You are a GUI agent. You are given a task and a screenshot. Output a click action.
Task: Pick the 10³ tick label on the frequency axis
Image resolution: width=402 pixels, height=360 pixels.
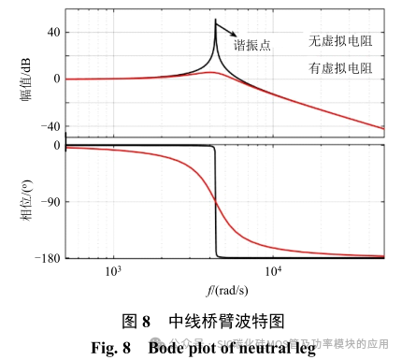click(x=113, y=271)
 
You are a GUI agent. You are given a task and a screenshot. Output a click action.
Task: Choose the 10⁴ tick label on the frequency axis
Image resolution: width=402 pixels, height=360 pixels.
click(x=274, y=271)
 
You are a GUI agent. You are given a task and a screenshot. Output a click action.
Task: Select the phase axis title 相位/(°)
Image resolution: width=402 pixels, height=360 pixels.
click(x=23, y=200)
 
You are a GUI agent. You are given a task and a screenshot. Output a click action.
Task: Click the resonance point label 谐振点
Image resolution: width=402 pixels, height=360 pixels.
click(x=251, y=45)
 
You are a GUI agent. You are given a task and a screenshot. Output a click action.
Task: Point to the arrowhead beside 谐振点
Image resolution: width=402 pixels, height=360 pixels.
click(x=233, y=38)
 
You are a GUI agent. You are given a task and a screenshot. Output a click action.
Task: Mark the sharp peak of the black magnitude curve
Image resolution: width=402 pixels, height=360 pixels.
click(x=216, y=21)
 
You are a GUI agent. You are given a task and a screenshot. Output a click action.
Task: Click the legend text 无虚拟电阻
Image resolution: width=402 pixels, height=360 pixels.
click(x=340, y=41)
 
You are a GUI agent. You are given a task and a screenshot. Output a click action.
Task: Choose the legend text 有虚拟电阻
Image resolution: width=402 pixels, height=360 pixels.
click(x=340, y=68)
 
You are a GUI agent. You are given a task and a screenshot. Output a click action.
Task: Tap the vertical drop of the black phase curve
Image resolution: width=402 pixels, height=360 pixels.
click(x=217, y=201)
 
